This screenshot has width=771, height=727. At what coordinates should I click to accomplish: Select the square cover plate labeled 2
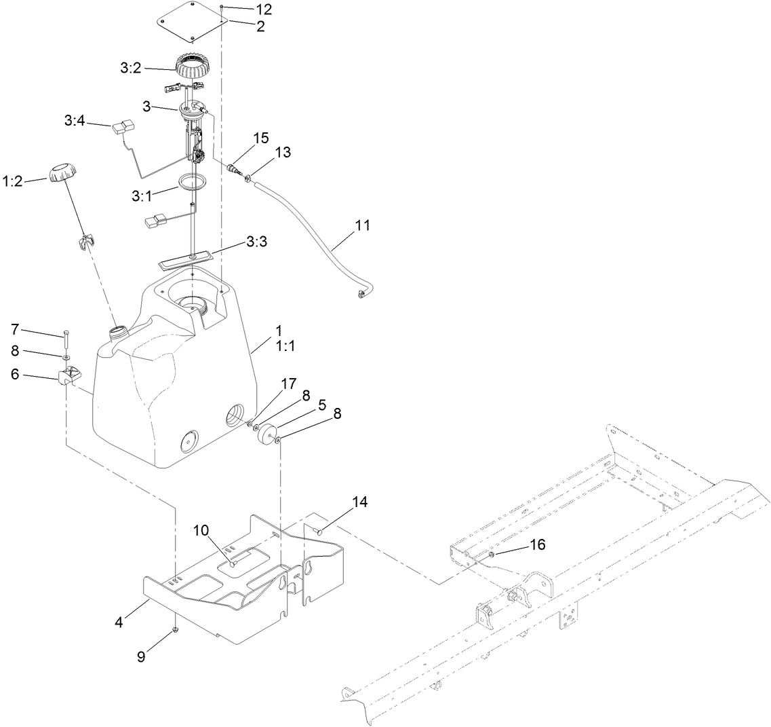(x=191, y=22)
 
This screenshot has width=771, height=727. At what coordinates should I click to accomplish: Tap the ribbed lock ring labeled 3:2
(x=191, y=67)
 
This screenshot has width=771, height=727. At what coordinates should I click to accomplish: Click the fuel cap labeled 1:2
(x=61, y=172)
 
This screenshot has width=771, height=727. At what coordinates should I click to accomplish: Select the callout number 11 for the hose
(x=363, y=225)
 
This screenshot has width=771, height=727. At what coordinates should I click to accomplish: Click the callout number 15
(x=260, y=138)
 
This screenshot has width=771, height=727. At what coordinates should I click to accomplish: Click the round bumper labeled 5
(x=269, y=434)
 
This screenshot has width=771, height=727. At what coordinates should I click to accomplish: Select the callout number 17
(x=289, y=384)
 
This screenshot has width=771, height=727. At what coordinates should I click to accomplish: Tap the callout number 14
(x=360, y=502)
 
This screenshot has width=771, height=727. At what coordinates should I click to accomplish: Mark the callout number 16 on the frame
(x=537, y=544)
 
